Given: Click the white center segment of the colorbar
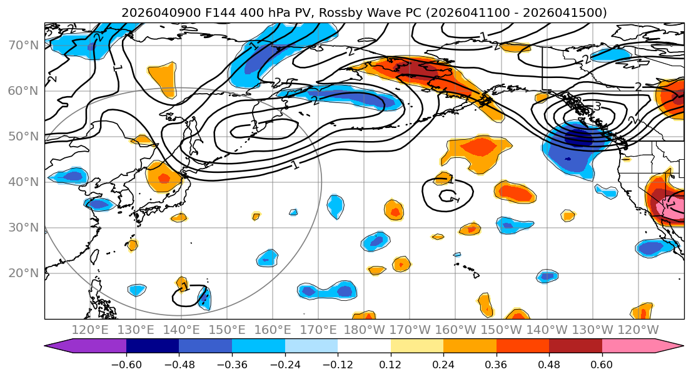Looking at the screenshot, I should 364,346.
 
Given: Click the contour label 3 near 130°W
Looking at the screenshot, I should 597,107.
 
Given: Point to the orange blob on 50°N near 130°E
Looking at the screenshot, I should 143,140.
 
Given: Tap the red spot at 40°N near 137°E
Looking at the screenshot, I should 164,179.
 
